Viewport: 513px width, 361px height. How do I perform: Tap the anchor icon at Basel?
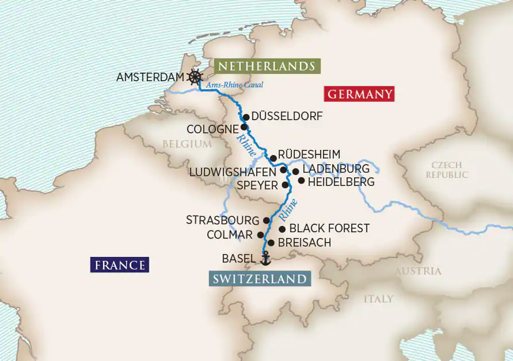(x=265, y=259)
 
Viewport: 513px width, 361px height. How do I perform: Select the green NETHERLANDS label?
(x=265, y=66)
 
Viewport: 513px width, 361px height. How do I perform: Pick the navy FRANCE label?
(x=120, y=265)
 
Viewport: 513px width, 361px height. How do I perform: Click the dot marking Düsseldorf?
(x=246, y=117)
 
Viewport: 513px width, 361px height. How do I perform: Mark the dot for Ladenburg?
(x=295, y=171)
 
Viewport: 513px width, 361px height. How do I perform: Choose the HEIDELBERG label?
(x=341, y=183)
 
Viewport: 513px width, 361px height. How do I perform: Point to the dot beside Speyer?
(x=285, y=185)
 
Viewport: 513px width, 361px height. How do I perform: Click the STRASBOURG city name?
(x=223, y=220)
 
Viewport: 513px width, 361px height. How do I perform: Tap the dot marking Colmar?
(x=261, y=235)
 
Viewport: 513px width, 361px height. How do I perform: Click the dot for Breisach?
(x=271, y=243)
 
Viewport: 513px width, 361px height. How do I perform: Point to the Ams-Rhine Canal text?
(x=227, y=85)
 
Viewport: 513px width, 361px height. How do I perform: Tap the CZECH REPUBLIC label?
(x=447, y=170)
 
